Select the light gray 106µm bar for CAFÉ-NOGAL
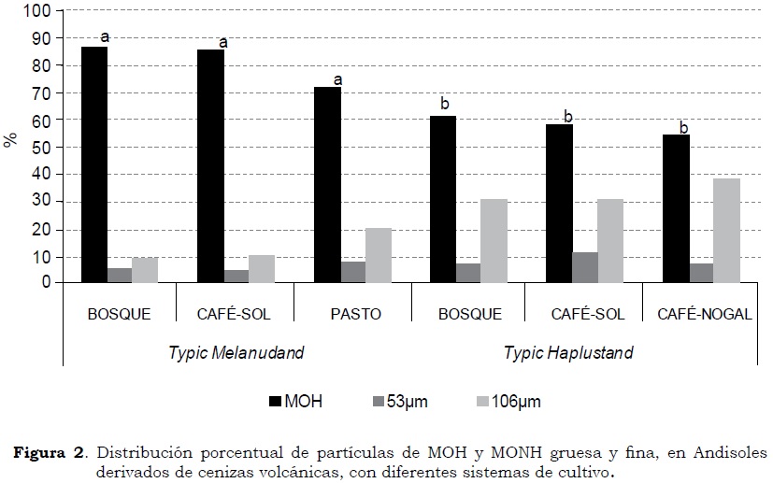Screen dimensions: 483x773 726,230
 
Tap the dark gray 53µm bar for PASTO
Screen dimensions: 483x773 353,272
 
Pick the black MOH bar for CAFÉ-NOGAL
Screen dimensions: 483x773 676,208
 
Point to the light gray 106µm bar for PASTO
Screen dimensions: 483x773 379,255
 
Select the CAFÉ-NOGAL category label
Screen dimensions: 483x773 703,314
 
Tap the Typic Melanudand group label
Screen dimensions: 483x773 236,353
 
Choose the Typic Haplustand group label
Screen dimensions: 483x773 568,353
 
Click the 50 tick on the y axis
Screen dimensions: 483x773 41,148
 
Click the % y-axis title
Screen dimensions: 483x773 10,140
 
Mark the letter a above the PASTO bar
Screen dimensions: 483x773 338,79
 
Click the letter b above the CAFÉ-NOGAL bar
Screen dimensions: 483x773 683,128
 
